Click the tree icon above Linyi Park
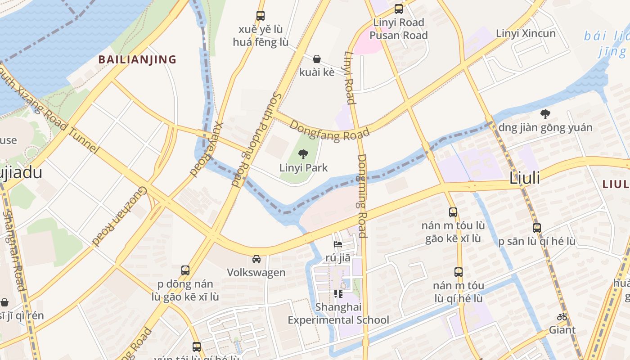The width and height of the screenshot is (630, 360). point(303,155)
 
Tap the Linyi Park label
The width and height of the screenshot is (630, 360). point(303,168)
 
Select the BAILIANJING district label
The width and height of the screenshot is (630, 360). point(137,59)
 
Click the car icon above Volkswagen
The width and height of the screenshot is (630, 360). point(256,259)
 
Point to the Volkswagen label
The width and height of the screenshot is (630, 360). point(256,272)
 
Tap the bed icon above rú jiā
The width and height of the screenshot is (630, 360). point(338,244)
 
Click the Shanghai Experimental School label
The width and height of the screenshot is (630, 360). point(338,314)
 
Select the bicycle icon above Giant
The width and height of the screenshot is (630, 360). point(562,317)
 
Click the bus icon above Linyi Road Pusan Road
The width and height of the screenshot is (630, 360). point(398,9)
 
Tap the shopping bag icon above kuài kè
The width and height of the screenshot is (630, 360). point(317,59)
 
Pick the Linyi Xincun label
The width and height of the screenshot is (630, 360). point(526,33)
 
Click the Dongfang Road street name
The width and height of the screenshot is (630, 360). point(329,130)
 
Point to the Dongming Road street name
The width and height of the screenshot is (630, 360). point(362,196)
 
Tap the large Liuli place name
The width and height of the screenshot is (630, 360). point(524,178)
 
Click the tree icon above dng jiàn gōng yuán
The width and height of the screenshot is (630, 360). point(545,114)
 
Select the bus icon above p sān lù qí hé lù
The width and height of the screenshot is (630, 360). point(536,228)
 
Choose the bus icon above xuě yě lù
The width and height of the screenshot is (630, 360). point(260,16)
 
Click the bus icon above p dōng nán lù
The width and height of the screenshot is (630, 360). point(185,270)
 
